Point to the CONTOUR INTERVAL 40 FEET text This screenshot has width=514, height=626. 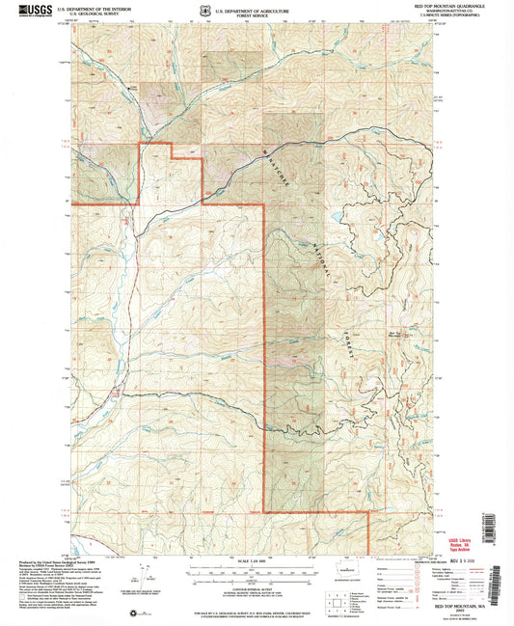pos(257,585)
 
